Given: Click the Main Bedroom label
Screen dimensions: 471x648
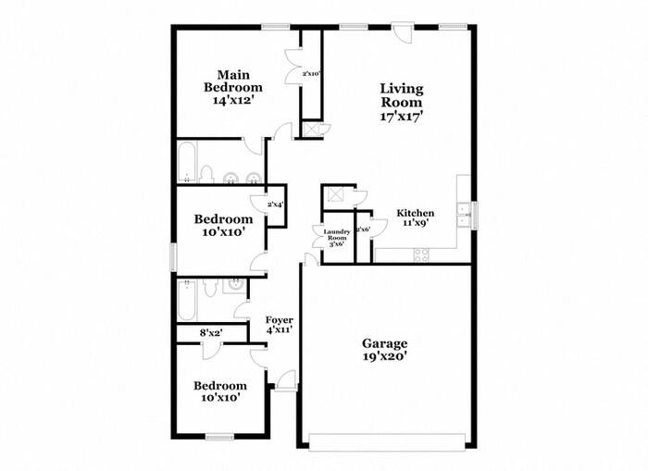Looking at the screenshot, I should tap(234, 87).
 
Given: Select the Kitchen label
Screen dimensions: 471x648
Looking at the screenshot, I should tap(416, 217).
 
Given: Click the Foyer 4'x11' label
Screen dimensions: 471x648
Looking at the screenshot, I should tap(279, 325).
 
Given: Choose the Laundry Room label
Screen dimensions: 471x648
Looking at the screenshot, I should tap(335, 238).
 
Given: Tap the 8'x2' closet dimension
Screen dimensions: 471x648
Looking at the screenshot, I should tap(210, 332).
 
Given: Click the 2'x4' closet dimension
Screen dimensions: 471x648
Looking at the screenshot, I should tap(275, 205).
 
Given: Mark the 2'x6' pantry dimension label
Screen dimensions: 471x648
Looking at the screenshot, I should tap(363, 229).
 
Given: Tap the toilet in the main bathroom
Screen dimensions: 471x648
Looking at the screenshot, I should tap(207, 175).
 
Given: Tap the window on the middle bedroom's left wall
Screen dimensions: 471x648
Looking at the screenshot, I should tap(172, 256).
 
